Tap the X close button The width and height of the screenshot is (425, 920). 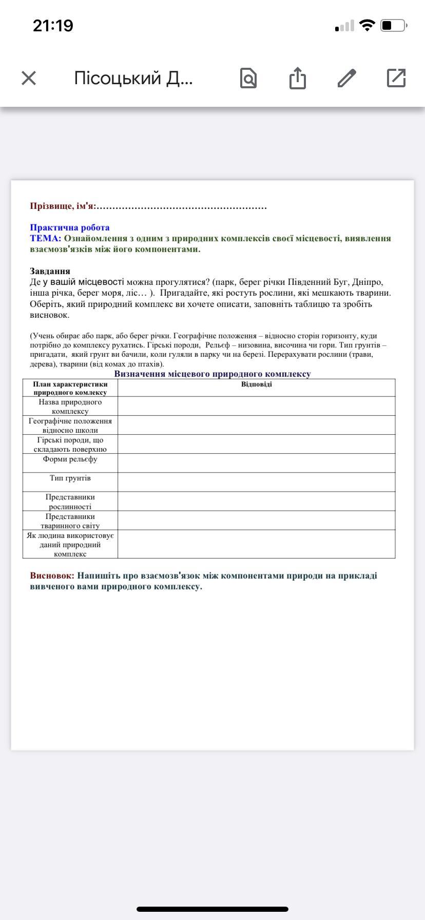[29, 78]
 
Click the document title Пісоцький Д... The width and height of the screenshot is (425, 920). [133, 78]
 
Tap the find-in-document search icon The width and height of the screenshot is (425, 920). [248, 78]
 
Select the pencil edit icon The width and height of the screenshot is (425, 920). [347, 78]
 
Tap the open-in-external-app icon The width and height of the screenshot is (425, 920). [396, 78]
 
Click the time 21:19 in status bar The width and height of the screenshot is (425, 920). [53, 25]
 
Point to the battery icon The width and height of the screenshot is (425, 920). [393, 25]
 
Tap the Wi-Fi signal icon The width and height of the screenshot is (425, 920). [367, 25]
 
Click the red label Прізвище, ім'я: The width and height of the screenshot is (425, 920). [63, 206]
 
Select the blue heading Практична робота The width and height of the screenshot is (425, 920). [69, 227]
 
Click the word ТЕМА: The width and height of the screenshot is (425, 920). [45, 238]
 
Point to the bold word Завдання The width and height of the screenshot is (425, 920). [50, 271]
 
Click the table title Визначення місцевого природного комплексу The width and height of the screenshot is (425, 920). [212, 374]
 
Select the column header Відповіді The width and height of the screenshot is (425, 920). [256, 385]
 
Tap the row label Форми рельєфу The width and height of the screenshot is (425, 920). [70, 459]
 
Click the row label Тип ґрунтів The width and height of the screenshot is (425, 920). [70, 478]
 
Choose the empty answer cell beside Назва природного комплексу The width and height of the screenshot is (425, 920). [256, 406]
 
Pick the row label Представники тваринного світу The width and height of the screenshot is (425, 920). [70, 521]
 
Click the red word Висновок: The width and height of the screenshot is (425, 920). [52, 576]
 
